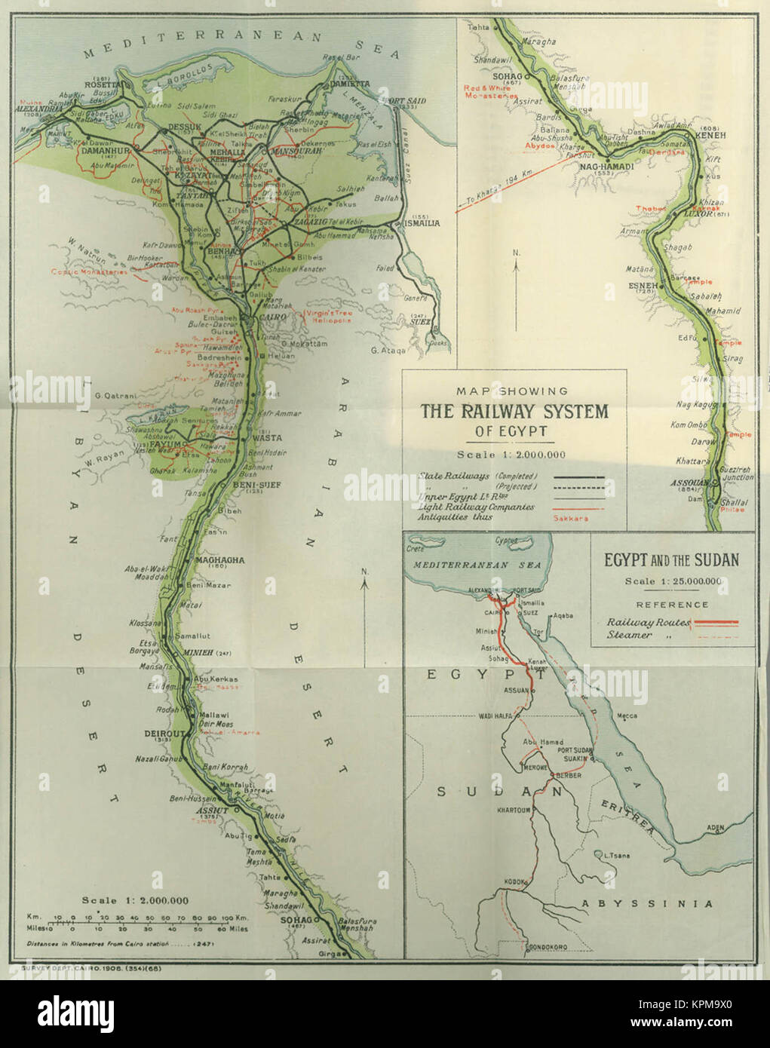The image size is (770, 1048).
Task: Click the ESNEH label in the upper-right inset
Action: coord(644,286)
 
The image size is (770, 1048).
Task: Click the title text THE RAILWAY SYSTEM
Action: coord(514,412)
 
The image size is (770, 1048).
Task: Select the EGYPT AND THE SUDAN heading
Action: coord(671,560)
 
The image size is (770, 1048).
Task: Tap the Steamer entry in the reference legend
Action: coord(630,635)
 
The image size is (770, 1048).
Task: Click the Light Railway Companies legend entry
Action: coord(477,507)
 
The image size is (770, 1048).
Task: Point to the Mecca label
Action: coord(626,716)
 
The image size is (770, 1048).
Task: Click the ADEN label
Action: coord(714,827)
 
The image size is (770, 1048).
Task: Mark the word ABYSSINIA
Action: coord(646,903)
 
